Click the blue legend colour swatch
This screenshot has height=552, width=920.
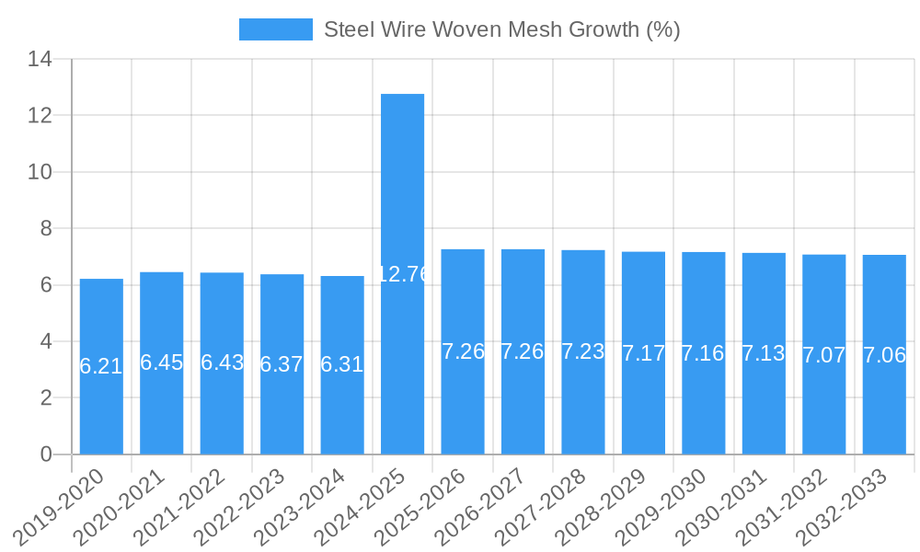[x=275, y=29]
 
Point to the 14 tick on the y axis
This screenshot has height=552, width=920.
[x=40, y=60]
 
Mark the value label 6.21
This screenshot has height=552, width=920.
[x=101, y=366]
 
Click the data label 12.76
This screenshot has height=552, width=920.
[x=402, y=273]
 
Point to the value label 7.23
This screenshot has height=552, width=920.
[x=583, y=351]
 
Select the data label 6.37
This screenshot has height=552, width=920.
[x=282, y=364]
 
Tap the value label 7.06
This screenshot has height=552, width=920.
[x=884, y=355]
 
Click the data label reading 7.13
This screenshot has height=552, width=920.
[x=764, y=353]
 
